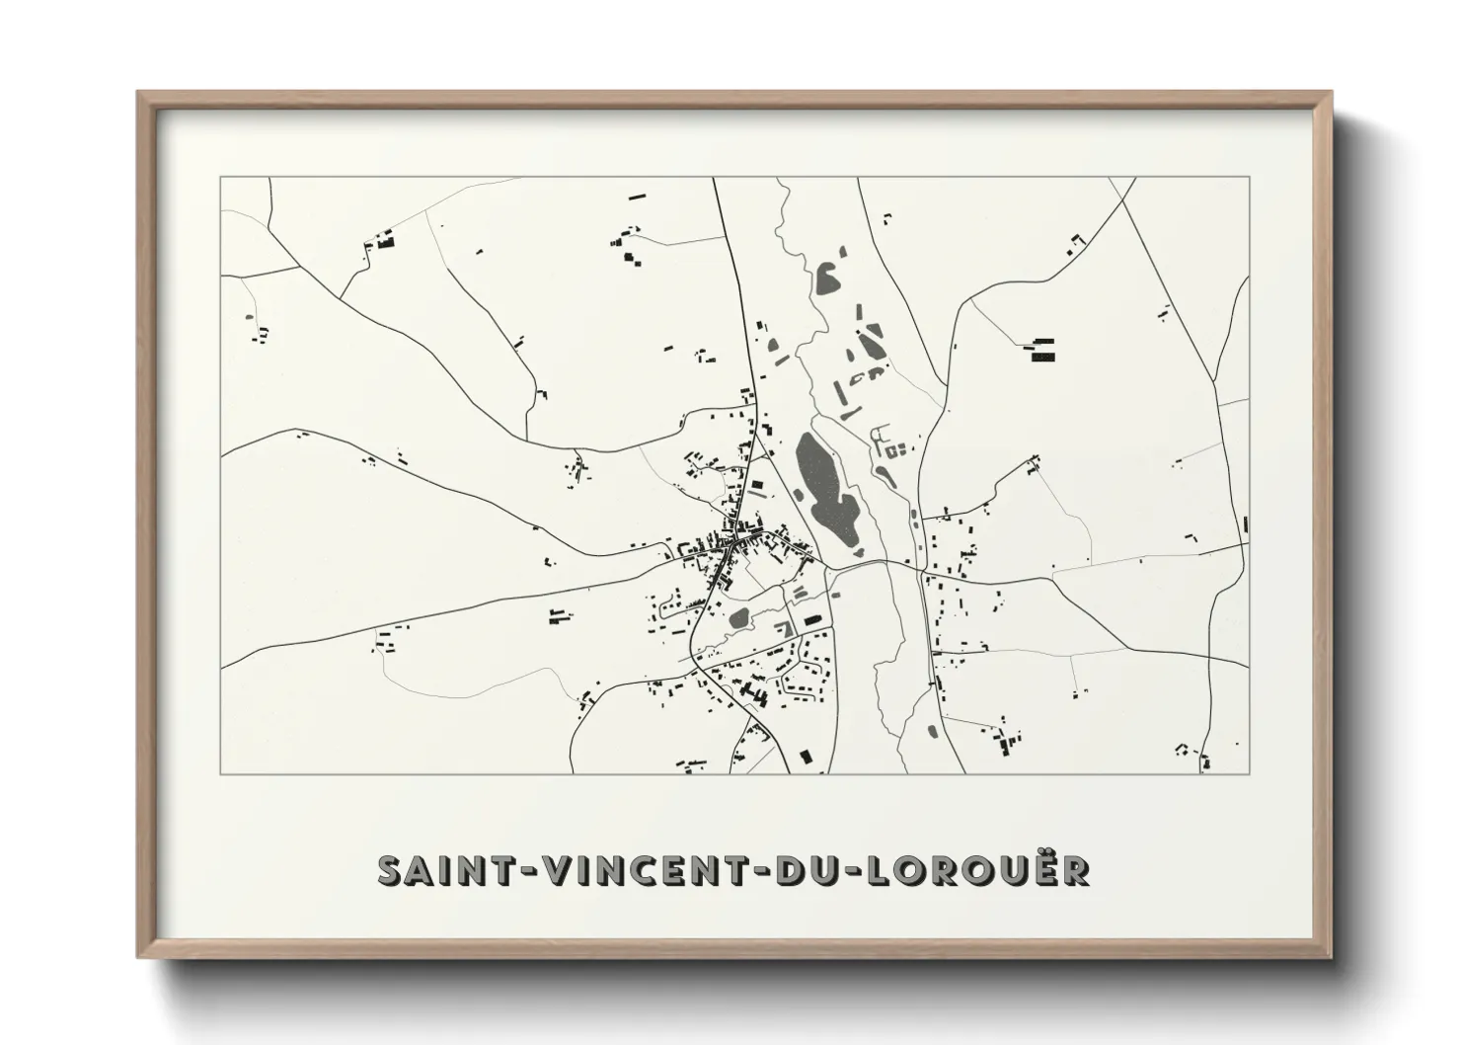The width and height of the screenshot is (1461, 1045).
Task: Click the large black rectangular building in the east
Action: (x=1042, y=350)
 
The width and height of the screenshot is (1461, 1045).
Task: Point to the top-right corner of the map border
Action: (x=1250, y=178)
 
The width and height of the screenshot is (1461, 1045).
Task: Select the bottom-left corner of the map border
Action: (x=221, y=773)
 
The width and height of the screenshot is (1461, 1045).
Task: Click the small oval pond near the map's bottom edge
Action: (x=932, y=732)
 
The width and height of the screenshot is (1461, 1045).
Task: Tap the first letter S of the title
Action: (x=392, y=870)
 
